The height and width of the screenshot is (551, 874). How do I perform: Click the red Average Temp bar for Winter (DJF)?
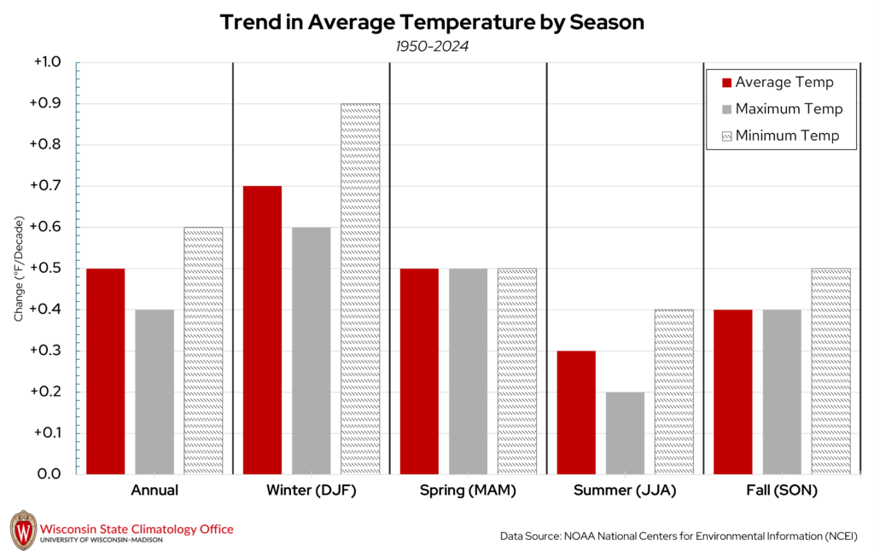pyautogui.click(x=262, y=329)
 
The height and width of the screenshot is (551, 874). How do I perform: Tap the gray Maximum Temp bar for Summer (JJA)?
pyautogui.click(x=625, y=432)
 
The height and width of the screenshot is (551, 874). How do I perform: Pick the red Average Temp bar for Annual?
pyautogui.click(x=105, y=371)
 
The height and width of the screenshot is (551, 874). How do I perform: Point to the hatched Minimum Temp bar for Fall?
pyautogui.click(x=830, y=371)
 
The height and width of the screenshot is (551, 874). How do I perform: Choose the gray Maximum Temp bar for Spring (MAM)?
pyautogui.click(x=468, y=371)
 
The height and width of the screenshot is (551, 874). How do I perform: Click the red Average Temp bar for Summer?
pyautogui.click(x=576, y=412)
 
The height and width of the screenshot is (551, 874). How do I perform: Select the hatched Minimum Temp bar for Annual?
pyautogui.click(x=203, y=350)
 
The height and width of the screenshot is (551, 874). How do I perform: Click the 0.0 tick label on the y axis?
pyautogui.click(x=48, y=474)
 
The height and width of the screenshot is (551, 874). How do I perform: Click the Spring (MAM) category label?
pyautogui.click(x=467, y=491)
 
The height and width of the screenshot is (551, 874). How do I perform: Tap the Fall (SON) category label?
pyautogui.click(x=781, y=491)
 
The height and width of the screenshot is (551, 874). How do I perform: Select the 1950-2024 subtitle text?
pyautogui.click(x=431, y=46)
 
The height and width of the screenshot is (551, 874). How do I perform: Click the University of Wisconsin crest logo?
pyautogui.click(x=23, y=530)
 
